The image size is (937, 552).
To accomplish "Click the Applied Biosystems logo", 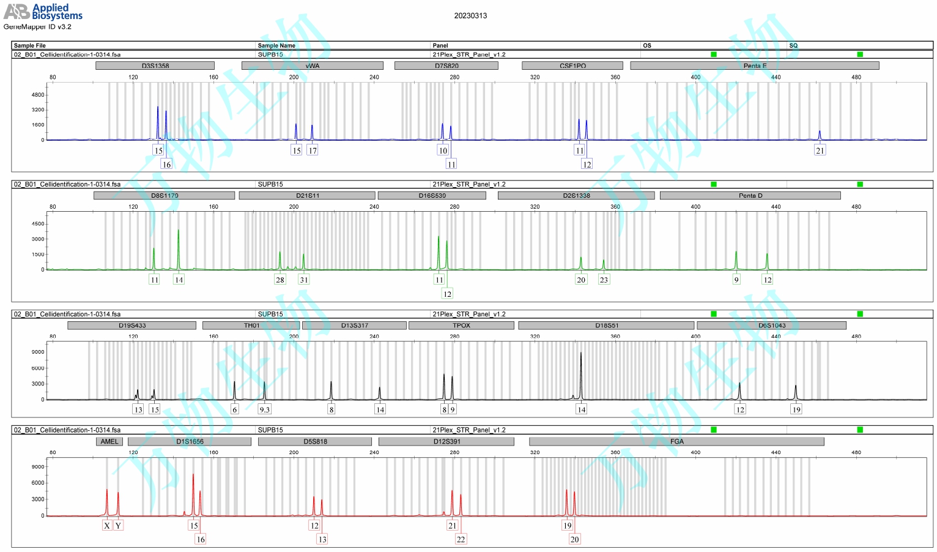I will tap(43, 12).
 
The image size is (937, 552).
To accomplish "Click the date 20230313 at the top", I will tap(470, 16).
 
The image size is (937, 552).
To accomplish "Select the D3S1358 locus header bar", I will tap(155, 65).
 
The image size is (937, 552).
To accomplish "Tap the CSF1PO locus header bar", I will tap(572, 65).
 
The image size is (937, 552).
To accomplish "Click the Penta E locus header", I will tap(754, 65).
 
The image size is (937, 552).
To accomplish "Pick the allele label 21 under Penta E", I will tap(820, 151).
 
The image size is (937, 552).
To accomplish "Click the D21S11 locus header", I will tap(307, 195).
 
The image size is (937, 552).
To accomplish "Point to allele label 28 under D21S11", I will tap(280, 280).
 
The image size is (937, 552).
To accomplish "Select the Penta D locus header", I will tap(750, 195).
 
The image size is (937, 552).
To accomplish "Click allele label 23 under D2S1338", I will tap(604, 280).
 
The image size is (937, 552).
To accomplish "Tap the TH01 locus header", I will tap(251, 326).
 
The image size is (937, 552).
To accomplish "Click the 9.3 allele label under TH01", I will tap(264, 409).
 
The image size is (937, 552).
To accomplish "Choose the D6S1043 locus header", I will tap(771, 326).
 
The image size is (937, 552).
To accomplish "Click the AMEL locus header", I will tap(109, 441).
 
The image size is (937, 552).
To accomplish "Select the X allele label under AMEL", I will tap(107, 525).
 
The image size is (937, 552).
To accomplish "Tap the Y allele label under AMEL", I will tap(118, 525).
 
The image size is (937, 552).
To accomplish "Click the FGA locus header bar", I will tap(676, 441).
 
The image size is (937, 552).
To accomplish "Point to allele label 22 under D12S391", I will tap(461, 539).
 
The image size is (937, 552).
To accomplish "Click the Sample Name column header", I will tap(276, 45).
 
